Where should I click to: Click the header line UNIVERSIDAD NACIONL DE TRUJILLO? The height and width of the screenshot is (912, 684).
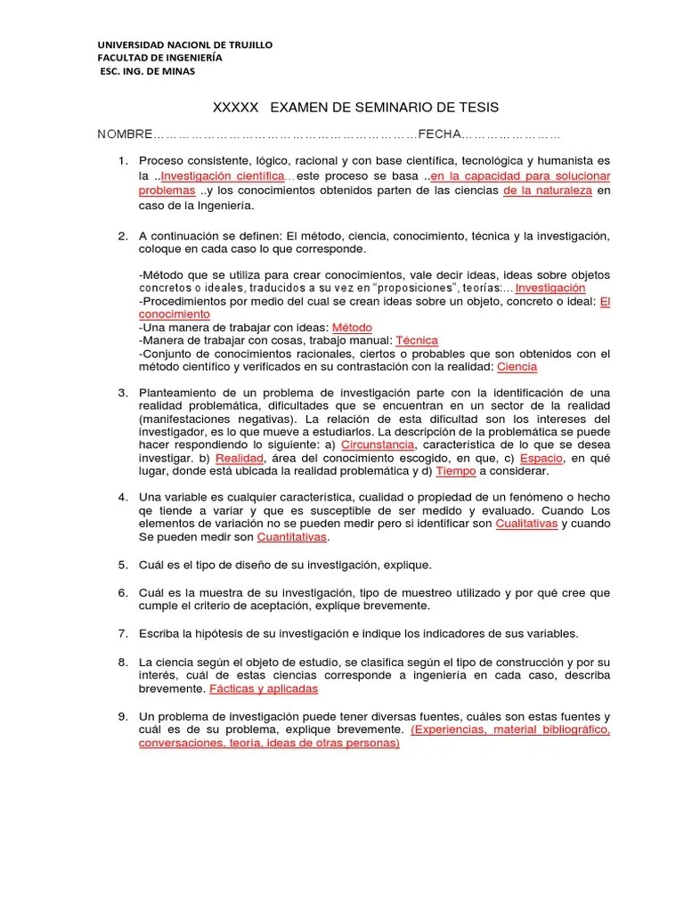pyautogui.click(x=184, y=45)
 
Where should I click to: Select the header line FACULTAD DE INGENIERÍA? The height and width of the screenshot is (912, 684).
pyautogui.click(x=159, y=58)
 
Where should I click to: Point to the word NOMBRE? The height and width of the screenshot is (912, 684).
pyautogui.click(x=125, y=134)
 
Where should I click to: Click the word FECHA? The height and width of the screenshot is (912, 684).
pyautogui.click(x=439, y=134)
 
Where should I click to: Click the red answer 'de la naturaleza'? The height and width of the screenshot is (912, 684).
pyautogui.click(x=547, y=191)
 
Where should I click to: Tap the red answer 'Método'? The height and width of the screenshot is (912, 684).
pyautogui.click(x=352, y=327)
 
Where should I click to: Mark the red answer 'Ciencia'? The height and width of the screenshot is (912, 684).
pyautogui.click(x=517, y=366)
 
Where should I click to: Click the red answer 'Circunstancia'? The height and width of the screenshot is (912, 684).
pyautogui.click(x=378, y=444)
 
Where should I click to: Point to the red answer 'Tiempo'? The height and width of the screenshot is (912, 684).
pyautogui.click(x=456, y=470)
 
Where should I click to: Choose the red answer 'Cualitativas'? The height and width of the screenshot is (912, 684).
pyautogui.click(x=526, y=524)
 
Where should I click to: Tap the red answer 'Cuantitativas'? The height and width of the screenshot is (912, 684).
pyautogui.click(x=292, y=537)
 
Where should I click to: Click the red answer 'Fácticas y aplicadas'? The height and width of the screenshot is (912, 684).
pyautogui.click(x=263, y=688)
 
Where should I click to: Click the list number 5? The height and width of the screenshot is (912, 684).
pyautogui.click(x=123, y=566)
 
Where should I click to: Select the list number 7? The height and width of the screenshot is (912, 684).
pyautogui.click(x=123, y=633)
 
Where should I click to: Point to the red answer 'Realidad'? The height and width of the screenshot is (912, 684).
pyautogui.click(x=240, y=457)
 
